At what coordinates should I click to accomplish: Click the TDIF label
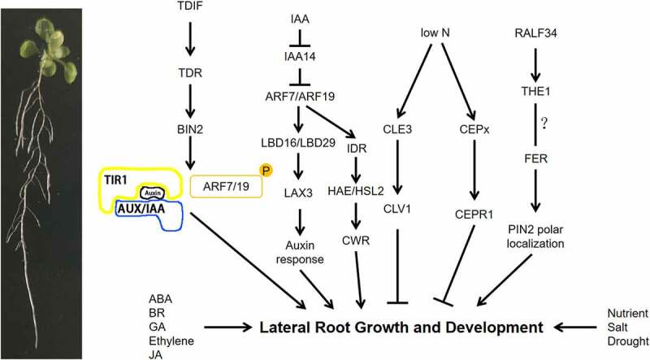click(x=189, y=6)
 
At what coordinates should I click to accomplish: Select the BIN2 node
click(x=190, y=129)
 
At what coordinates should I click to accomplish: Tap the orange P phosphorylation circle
click(x=266, y=170)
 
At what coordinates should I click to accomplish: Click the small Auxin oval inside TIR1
click(x=153, y=193)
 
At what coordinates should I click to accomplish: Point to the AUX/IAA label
click(x=141, y=209)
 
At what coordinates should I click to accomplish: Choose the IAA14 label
click(x=300, y=56)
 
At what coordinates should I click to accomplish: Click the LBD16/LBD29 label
click(x=298, y=143)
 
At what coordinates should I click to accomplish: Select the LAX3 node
click(x=298, y=193)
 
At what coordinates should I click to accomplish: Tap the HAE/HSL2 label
click(x=356, y=191)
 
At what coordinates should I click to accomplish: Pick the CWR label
click(x=356, y=241)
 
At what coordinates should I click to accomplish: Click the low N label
click(x=435, y=33)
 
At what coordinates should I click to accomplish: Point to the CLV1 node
click(x=397, y=209)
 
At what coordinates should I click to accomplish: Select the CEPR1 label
click(x=474, y=215)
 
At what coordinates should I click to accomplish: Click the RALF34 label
click(x=535, y=33)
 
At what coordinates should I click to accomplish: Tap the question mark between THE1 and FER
click(x=544, y=124)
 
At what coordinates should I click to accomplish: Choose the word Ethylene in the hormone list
click(x=171, y=341)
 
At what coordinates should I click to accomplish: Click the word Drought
click(x=627, y=341)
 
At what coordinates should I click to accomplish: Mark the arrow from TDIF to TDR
click(x=190, y=38)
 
